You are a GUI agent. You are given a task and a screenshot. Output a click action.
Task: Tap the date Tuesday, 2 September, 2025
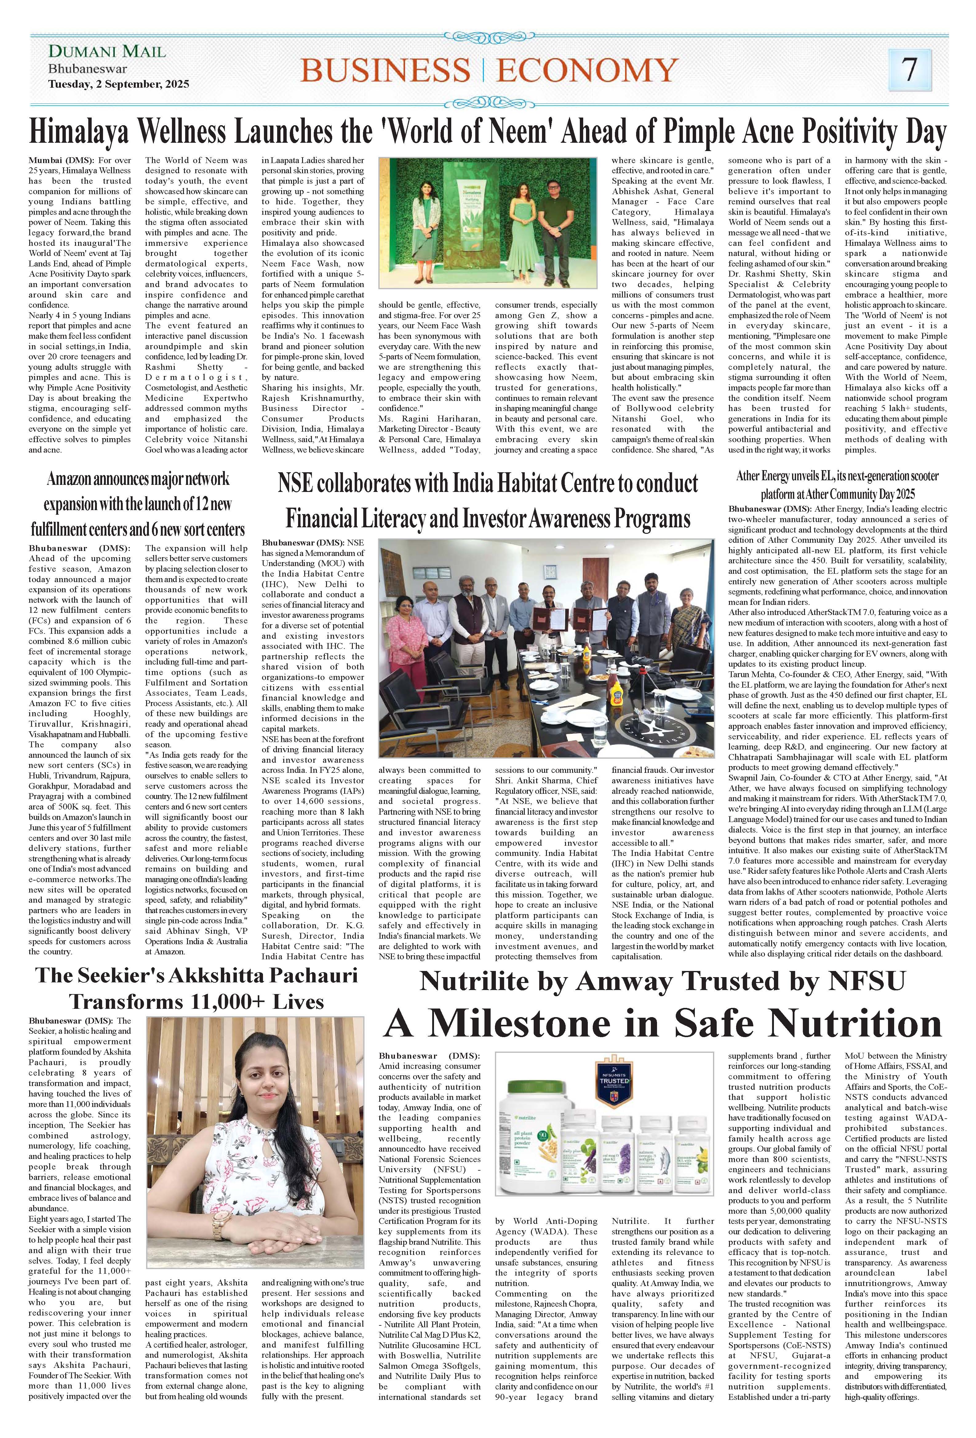point(119,84)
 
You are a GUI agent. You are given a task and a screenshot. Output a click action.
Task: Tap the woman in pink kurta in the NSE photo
point(402,645)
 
